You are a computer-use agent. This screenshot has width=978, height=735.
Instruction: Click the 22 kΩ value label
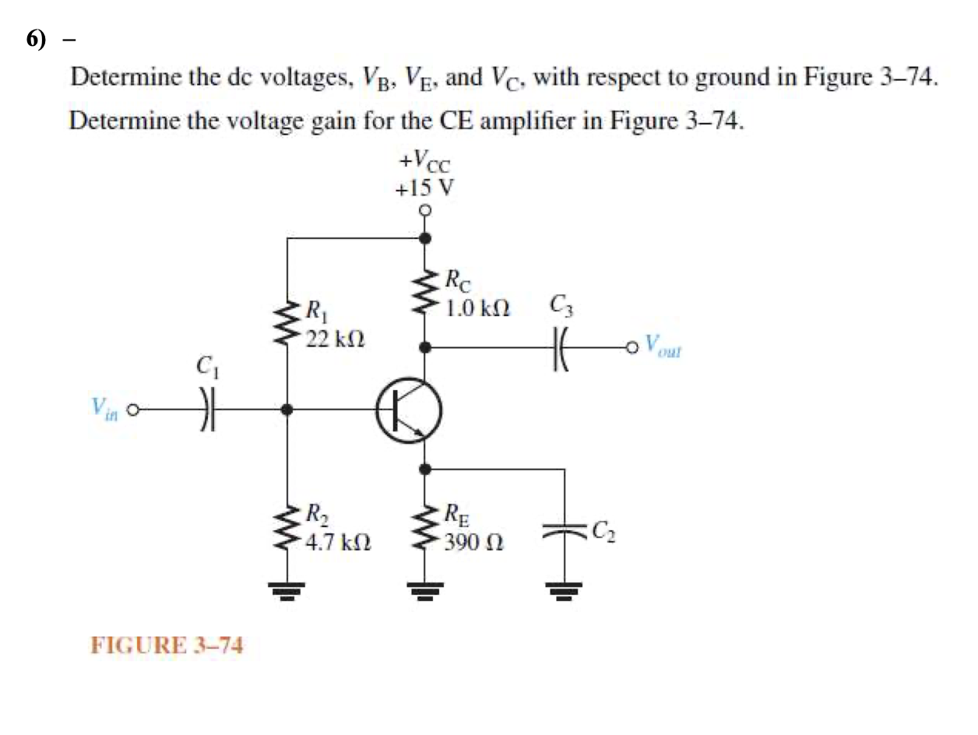(336, 339)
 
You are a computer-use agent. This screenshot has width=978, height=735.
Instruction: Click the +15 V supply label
(424, 188)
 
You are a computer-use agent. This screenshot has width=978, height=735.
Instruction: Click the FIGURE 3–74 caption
(167, 645)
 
